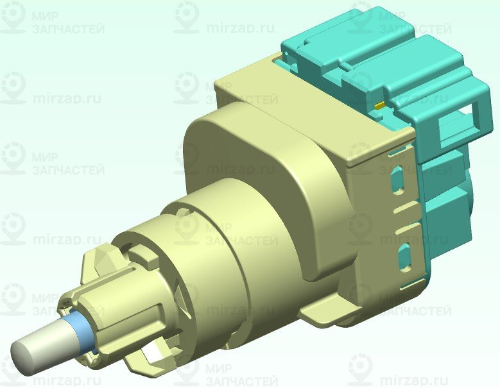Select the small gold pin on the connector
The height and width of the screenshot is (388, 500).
379,105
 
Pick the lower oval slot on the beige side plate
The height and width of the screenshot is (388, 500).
404,256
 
